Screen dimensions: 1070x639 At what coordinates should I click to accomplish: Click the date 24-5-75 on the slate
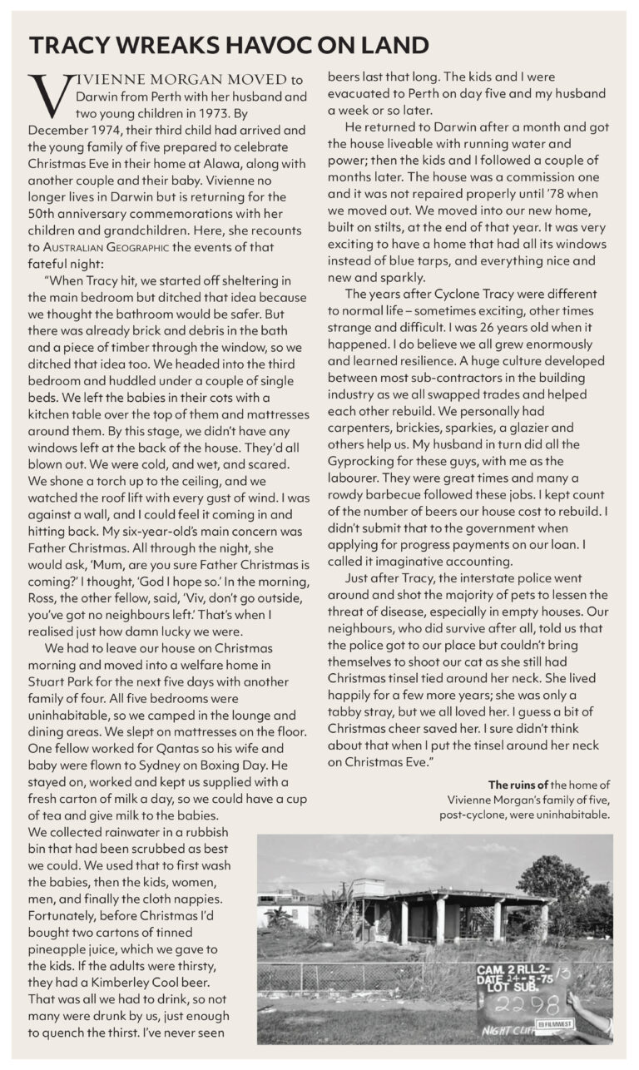click(545, 982)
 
